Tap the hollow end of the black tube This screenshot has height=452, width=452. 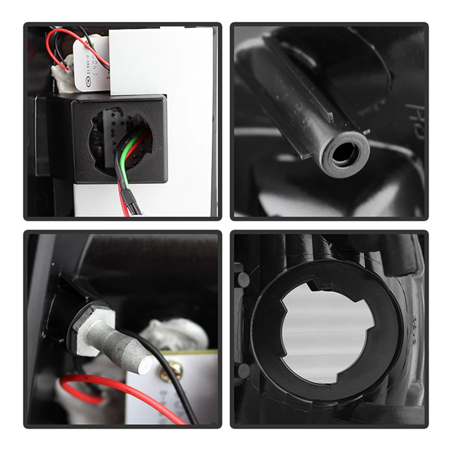[x=345, y=154]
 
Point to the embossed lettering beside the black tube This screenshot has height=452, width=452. [x=417, y=120]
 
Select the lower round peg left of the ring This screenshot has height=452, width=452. [x=243, y=372]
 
